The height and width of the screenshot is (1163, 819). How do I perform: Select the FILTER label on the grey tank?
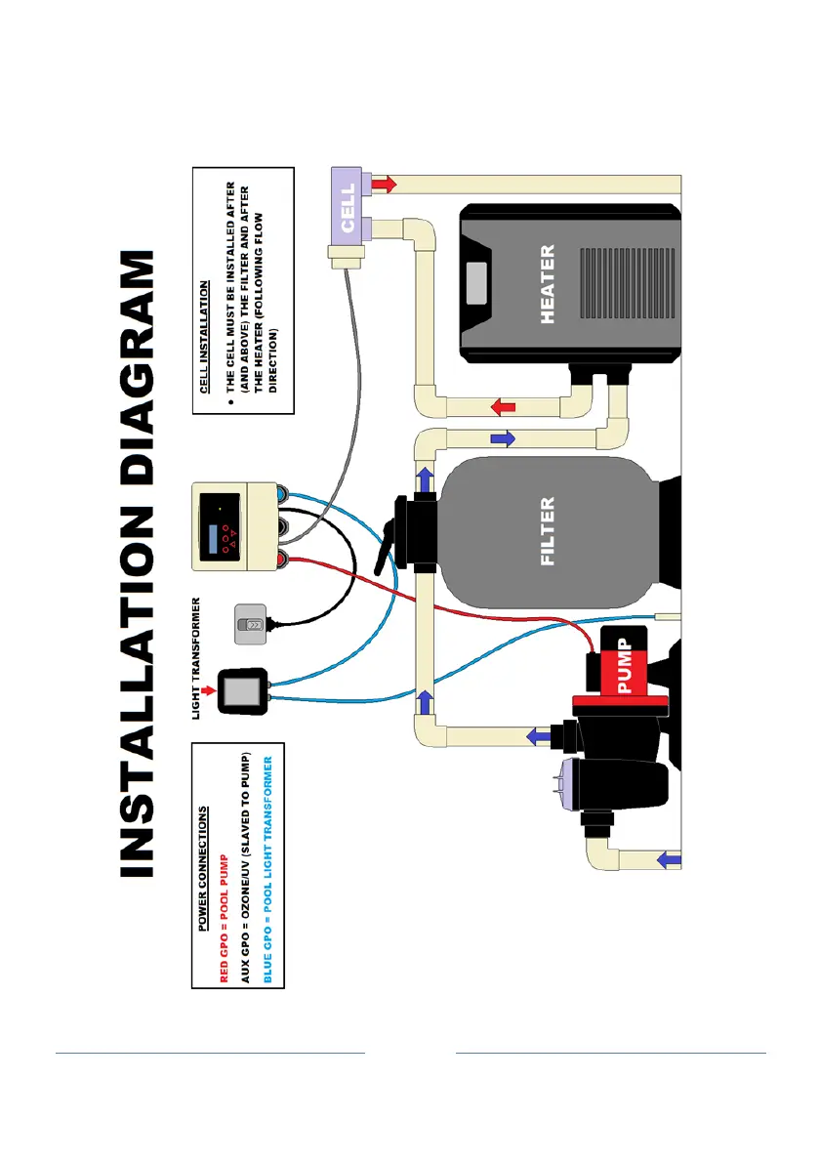tap(548, 531)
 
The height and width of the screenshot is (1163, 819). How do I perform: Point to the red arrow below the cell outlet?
tap(386, 185)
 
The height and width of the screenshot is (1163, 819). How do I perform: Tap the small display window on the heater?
tap(476, 284)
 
